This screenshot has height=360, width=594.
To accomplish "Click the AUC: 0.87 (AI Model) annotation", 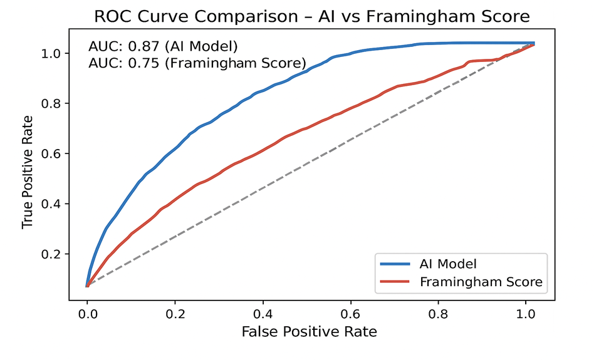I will (x=164, y=46).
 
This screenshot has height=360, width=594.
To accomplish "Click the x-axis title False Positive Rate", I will (x=310, y=331).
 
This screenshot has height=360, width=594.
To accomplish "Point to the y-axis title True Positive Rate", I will (x=27, y=171).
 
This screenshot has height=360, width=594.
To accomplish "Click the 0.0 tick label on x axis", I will (x=87, y=312).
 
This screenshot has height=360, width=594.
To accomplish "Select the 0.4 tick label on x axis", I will (x=263, y=312).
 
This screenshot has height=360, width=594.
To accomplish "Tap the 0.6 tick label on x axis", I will (x=351, y=312).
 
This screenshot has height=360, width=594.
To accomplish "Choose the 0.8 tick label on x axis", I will (x=439, y=312).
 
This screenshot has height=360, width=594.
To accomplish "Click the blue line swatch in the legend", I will (x=395, y=264).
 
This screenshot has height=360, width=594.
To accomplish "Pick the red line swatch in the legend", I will (x=395, y=282).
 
